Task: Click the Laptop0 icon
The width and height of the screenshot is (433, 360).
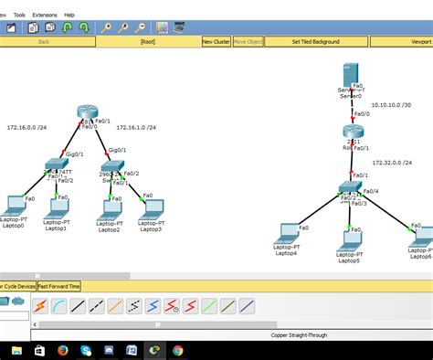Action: tap(14, 204)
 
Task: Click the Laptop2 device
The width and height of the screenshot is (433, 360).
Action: tap(111, 207)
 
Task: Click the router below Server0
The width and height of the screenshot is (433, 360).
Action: tap(354, 132)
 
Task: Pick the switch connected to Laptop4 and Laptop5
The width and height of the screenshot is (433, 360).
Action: tap(349, 187)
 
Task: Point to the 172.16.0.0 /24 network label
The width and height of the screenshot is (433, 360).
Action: tap(27, 128)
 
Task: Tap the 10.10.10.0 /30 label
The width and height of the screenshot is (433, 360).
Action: tap(391, 105)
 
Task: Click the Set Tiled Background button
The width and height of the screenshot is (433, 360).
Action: tap(316, 42)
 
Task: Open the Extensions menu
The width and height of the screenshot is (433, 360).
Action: tap(44, 16)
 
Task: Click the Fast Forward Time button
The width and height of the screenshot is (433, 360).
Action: tap(59, 286)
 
